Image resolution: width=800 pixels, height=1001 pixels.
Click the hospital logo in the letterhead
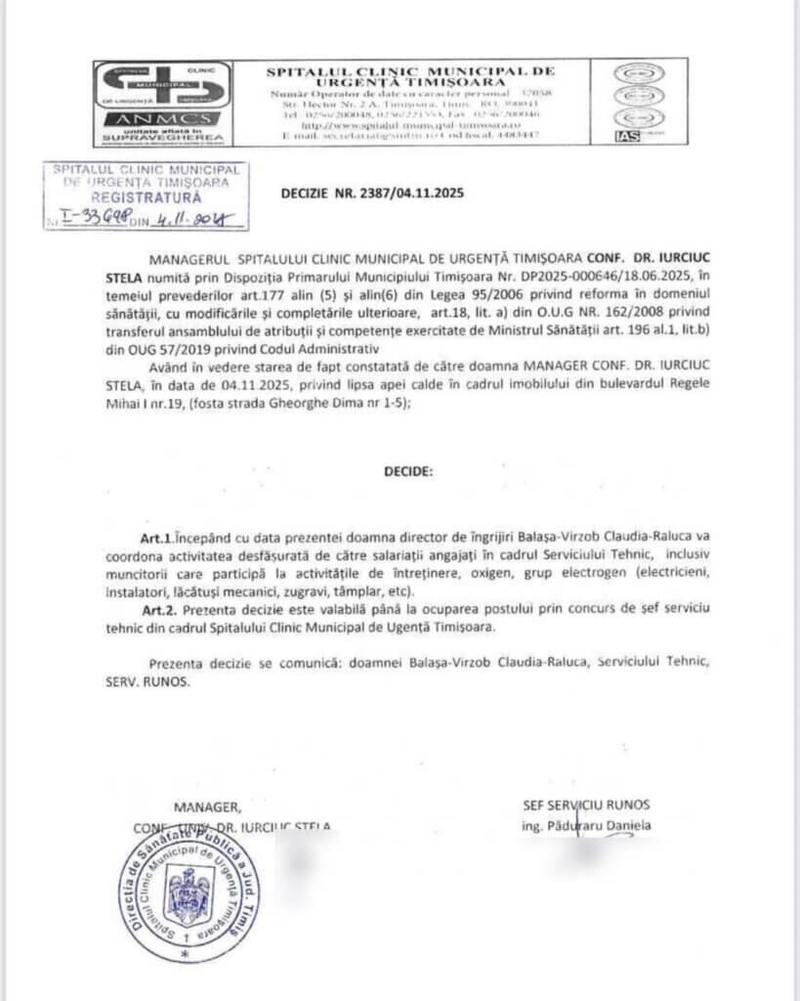162,86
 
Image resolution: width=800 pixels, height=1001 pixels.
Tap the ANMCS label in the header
162,119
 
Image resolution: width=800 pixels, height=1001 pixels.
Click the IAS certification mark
626,136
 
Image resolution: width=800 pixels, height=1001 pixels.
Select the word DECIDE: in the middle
407,470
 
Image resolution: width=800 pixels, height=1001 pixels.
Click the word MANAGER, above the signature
206,806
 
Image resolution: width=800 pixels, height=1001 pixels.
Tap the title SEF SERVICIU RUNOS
586,805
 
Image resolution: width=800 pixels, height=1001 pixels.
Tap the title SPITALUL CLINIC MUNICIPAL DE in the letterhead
410,71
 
